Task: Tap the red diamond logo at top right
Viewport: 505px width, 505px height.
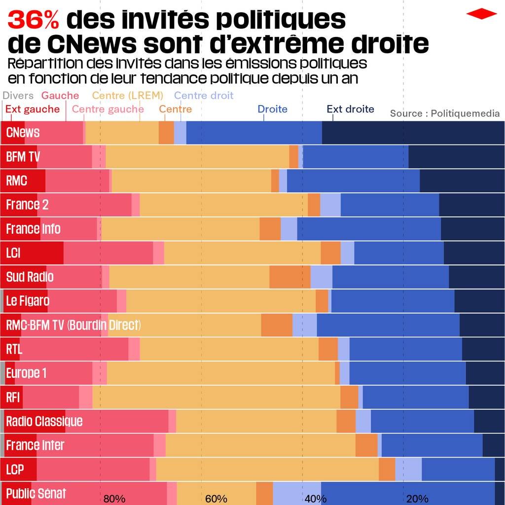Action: tap(481, 14)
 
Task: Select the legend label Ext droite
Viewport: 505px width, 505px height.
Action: tap(350, 109)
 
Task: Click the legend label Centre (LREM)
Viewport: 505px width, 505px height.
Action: tap(127, 96)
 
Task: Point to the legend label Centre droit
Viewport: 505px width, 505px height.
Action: tap(204, 96)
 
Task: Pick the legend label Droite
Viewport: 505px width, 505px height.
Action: tap(272, 109)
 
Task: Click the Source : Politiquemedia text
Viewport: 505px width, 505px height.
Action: tap(445, 113)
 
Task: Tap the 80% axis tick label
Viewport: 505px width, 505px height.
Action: tap(114, 499)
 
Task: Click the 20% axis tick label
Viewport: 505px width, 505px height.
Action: tap(417, 499)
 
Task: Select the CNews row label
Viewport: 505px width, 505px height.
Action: tap(23, 133)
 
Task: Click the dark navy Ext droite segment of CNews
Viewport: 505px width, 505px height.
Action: tap(413, 133)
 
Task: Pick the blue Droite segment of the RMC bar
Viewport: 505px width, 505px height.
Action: tap(353, 180)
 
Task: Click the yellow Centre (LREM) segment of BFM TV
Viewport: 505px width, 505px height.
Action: tap(197, 157)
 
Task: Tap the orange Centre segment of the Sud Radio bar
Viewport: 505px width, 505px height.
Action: tap(289, 277)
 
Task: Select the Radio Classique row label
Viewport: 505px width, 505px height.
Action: tap(44, 421)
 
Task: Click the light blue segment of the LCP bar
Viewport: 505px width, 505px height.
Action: tap(408, 469)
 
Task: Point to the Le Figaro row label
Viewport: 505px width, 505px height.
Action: tap(28, 301)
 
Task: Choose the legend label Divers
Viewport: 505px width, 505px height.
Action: tap(18, 96)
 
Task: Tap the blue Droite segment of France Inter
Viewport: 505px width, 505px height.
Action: tap(432, 445)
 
